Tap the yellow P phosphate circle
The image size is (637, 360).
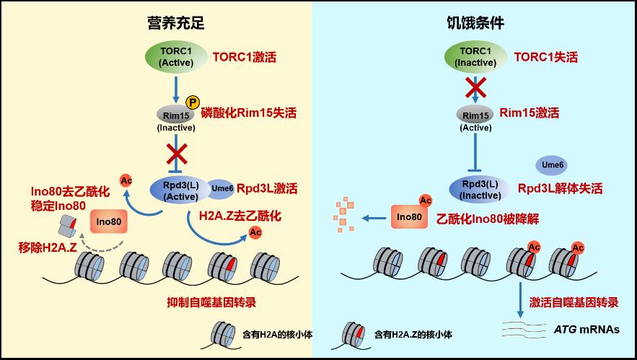[193, 103]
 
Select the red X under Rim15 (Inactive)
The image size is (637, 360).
[177, 154]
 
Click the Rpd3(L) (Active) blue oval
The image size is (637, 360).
[177, 190]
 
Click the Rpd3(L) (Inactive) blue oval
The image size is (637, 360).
[475, 188]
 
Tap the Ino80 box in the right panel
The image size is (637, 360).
[408, 216]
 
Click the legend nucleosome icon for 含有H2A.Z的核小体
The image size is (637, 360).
[356, 333]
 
